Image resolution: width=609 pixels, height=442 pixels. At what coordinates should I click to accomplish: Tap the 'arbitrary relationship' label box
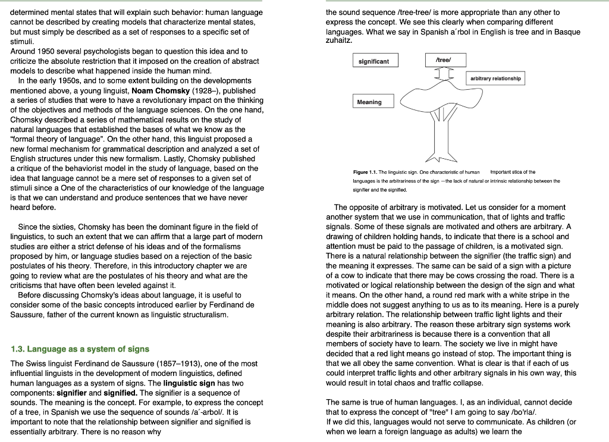click(x=495, y=79)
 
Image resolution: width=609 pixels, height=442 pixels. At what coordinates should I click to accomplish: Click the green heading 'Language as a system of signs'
click(x=80, y=349)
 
